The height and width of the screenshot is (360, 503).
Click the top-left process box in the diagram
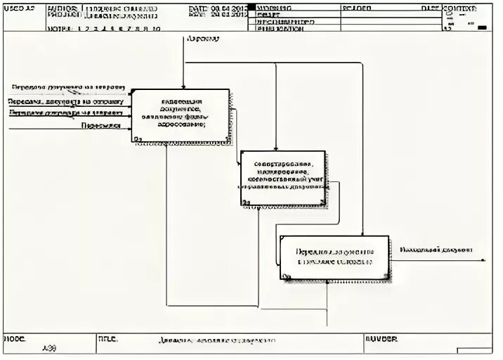(181, 115)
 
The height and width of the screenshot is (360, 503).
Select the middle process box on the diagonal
(282, 177)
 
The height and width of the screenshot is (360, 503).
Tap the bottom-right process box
(334, 257)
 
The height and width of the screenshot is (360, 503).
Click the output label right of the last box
(436, 249)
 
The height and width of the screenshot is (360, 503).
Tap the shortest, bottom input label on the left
(99, 126)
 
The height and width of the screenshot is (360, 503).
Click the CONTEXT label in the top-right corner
(459, 7)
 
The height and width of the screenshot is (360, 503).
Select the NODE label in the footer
(15, 338)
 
